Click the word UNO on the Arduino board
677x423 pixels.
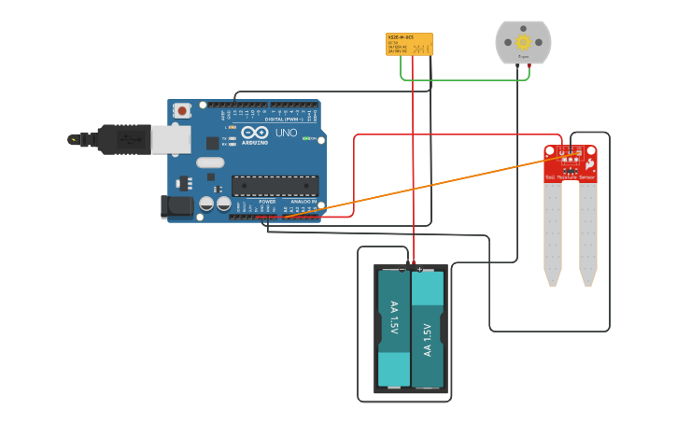click(x=286, y=133)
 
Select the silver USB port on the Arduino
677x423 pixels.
click(x=171, y=139)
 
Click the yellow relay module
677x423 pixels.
click(x=410, y=44)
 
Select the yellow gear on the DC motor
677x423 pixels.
click(x=523, y=42)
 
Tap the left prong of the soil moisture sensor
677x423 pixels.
click(x=554, y=233)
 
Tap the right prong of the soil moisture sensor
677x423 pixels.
click(x=587, y=233)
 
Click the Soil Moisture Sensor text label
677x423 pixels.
click(x=570, y=176)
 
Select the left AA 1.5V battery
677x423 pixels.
click(x=393, y=329)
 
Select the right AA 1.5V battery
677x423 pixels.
click(x=428, y=329)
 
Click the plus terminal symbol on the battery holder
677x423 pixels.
click(x=420, y=269)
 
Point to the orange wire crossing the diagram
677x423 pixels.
click(x=420, y=187)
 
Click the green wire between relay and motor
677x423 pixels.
click(x=467, y=78)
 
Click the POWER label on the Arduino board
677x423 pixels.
click(x=267, y=201)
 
